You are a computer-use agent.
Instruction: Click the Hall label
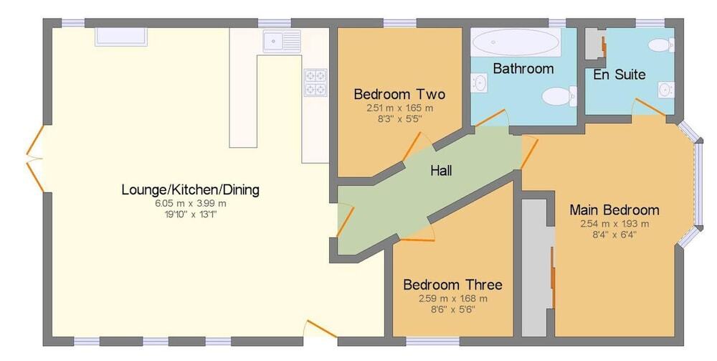pyautogui.click(x=441, y=171)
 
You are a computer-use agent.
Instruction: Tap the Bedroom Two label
pyautogui.click(x=399, y=95)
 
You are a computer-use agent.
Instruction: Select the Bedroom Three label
pyautogui.click(x=452, y=285)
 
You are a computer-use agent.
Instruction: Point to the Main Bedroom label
pyautogui.click(x=614, y=210)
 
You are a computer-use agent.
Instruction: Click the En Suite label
pyautogui.click(x=619, y=75)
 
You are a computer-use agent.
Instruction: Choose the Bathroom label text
pyautogui.click(x=523, y=69)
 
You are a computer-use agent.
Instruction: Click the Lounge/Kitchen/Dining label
pyautogui.click(x=190, y=189)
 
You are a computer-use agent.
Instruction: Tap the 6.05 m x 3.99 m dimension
pyautogui.click(x=191, y=204)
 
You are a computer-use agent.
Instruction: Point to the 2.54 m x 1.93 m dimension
pyautogui.click(x=614, y=224)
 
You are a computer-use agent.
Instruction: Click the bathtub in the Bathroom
pyautogui.click(x=516, y=42)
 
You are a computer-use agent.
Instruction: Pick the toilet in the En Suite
pyautogui.click(x=661, y=44)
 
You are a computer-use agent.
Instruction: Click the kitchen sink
pyautogui.click(x=282, y=41)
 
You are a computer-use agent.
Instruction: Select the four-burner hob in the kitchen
pyautogui.click(x=315, y=83)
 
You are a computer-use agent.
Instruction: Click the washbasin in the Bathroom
pyautogui.click(x=479, y=83)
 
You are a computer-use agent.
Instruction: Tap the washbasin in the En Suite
pyautogui.click(x=666, y=90)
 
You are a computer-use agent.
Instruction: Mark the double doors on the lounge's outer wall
pyautogui.click(x=35, y=159)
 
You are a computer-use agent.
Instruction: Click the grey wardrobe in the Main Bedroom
pyautogui.click(x=538, y=268)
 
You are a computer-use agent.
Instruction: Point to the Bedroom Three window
pyautogui.click(x=432, y=342)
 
